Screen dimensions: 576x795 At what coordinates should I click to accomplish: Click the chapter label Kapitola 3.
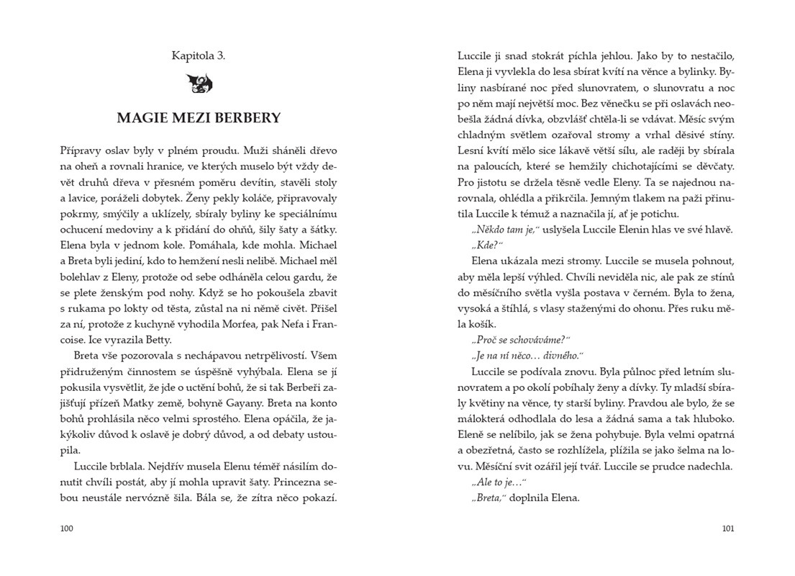pyautogui.click(x=199, y=55)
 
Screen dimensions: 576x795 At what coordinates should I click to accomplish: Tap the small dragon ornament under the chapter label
pyautogui.click(x=199, y=84)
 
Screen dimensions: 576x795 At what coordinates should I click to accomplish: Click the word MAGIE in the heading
pyautogui.click(x=142, y=118)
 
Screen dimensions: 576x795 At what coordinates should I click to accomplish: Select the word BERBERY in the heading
pyautogui.click(x=247, y=118)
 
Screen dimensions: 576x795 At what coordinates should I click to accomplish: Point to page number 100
pyautogui.click(x=67, y=528)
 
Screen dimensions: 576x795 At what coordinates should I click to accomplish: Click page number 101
pyautogui.click(x=727, y=528)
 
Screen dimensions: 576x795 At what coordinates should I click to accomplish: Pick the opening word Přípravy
pyautogui.click(x=82, y=151)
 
